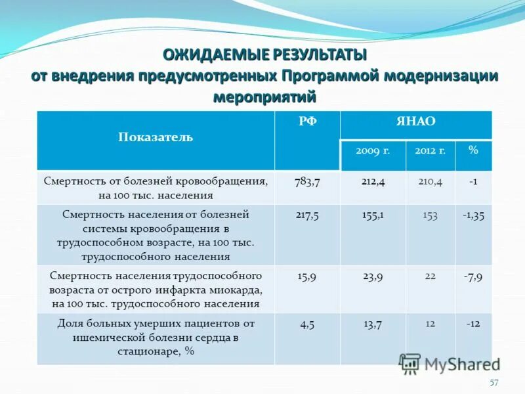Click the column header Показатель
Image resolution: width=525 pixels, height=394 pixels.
156,137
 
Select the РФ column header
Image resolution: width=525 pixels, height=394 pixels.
307,121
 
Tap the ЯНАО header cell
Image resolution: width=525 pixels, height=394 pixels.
415,121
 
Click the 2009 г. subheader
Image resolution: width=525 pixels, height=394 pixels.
373,150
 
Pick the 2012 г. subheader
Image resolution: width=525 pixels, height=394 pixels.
430,150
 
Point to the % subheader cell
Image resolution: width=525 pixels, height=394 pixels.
473,150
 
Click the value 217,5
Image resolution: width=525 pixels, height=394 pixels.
307,215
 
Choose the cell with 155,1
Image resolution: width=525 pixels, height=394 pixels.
373,215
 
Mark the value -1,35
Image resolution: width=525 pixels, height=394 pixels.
473,215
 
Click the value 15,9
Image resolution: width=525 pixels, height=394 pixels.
307,276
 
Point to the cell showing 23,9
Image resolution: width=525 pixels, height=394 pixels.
373,276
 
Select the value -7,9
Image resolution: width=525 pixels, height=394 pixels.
473,276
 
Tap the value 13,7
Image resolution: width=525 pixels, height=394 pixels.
373,324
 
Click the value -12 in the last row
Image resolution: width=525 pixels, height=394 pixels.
473,324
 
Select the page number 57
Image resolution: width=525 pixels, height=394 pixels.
494,383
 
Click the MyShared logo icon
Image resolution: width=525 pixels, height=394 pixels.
410,364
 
